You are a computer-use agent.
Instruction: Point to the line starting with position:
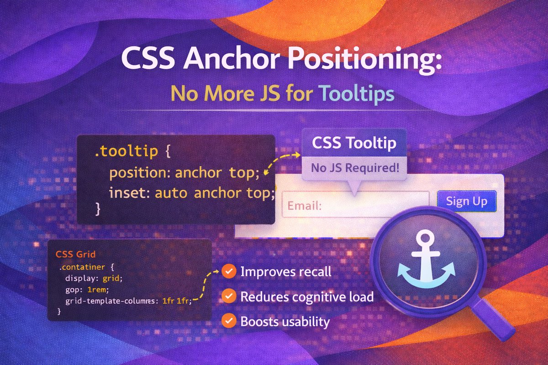pos(184,173)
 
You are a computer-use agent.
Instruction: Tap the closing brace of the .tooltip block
pos(97,209)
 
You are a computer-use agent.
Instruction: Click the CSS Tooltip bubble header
pos(354,143)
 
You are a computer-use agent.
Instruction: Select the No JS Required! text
pos(354,167)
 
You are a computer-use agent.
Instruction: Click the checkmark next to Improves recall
pos(228,272)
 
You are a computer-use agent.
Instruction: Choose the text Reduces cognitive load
pos(307,297)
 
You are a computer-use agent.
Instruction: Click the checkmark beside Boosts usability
pos(228,321)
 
